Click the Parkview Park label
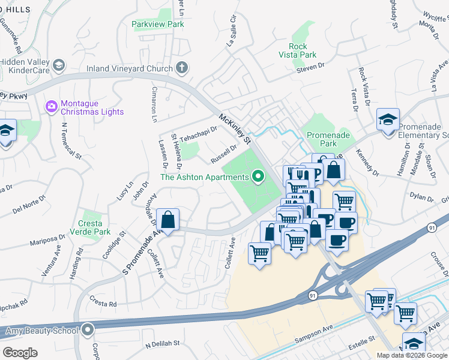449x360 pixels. point(158,25)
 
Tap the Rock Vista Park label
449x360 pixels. point(298,50)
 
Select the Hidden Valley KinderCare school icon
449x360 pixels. point(59,65)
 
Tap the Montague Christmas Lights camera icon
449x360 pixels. point(52,107)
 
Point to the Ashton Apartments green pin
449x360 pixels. point(258,176)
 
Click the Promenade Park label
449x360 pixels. point(328,140)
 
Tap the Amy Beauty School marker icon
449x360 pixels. point(88,330)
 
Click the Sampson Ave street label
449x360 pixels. point(313,341)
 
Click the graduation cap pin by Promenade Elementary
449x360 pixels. point(388,119)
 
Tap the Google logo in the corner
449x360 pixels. point(20,352)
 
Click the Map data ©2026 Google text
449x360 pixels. point(411,355)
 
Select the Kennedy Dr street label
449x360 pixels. point(367,163)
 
